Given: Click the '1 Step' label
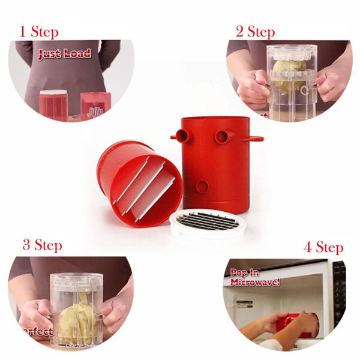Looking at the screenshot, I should click(x=40, y=31).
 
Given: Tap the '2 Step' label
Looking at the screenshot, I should click(x=255, y=31).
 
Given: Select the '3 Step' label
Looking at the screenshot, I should click(x=42, y=245).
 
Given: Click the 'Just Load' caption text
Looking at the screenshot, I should click(x=64, y=55).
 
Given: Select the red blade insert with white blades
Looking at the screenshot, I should click(x=139, y=182).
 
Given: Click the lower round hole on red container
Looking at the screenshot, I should click(x=202, y=187).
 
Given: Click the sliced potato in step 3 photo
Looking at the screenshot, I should click(x=77, y=313).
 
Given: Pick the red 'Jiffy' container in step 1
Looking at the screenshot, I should click(x=95, y=106).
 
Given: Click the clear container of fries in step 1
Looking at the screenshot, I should click(x=53, y=105).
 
